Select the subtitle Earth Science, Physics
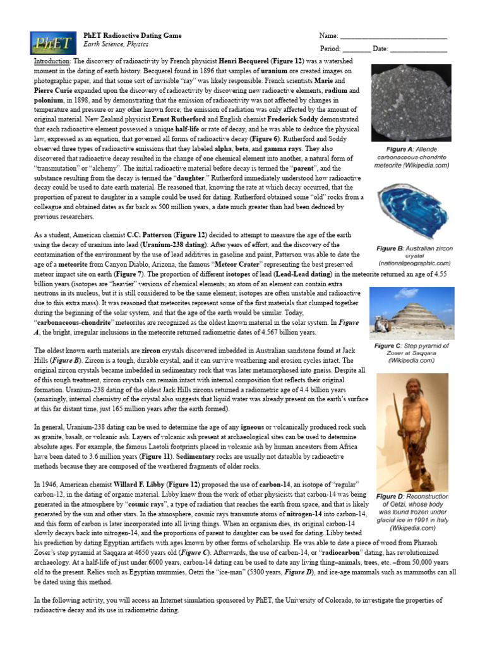(x=116, y=45)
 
